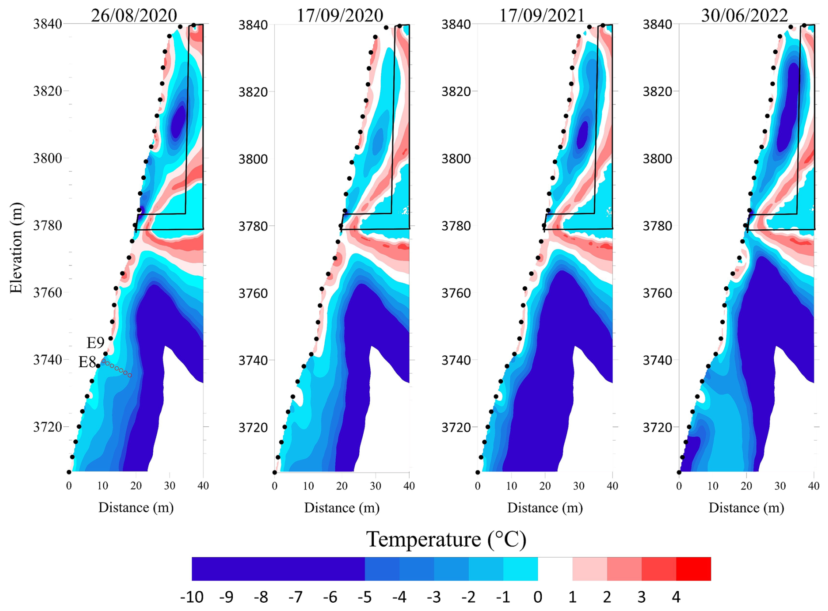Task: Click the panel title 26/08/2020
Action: click(134, 15)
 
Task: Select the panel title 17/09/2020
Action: click(340, 15)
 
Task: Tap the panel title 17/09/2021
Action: click(542, 15)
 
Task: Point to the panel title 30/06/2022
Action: click(744, 15)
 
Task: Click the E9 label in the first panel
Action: click(95, 343)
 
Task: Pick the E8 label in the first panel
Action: click(87, 362)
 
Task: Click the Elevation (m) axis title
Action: click(16, 248)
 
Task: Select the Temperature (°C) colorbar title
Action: click(446, 539)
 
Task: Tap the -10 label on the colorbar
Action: click(192, 597)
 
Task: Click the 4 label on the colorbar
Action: click(676, 597)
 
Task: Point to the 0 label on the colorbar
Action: click(538, 597)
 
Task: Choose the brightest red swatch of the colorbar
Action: click(694, 569)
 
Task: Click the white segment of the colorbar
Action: click(555, 569)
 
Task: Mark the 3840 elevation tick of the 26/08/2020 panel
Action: click(47, 24)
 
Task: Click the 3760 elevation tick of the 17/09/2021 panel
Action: click(455, 293)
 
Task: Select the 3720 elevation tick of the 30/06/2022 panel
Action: click(657, 427)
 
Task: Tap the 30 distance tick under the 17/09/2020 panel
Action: click(375, 485)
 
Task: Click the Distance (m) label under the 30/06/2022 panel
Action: click(746, 508)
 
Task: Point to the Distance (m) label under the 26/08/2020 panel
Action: click(136, 508)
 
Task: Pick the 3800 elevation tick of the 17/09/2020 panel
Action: click(252, 159)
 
